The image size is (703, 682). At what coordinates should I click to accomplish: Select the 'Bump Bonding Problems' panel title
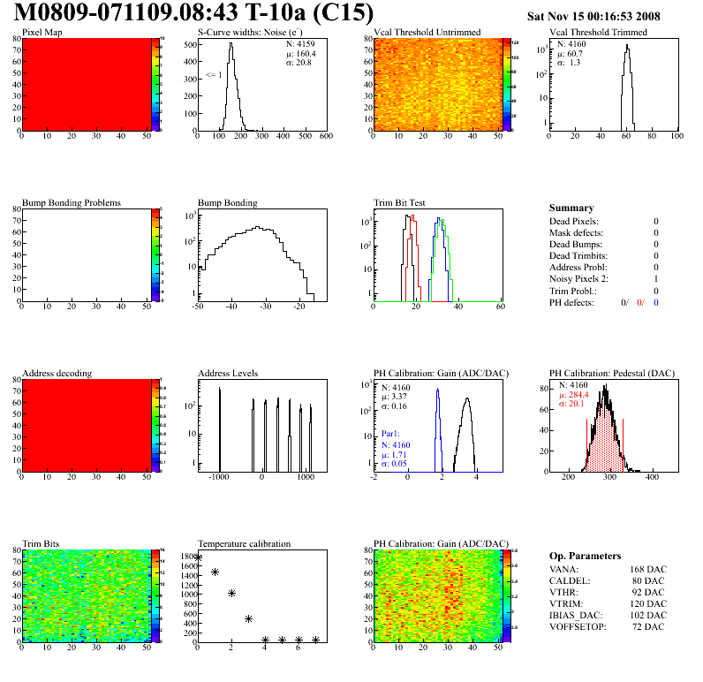[x=72, y=202]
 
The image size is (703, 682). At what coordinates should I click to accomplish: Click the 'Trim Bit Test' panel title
[x=400, y=202]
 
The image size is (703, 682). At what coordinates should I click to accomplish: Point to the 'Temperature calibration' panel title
[x=245, y=543]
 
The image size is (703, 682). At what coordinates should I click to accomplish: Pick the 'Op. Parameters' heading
[x=585, y=556]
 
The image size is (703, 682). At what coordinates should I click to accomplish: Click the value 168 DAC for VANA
[x=647, y=569]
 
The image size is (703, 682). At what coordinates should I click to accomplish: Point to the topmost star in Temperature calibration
[x=198, y=557]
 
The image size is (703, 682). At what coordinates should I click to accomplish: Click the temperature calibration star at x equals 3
[x=248, y=619]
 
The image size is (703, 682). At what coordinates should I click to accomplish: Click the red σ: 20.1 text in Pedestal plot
[x=572, y=404]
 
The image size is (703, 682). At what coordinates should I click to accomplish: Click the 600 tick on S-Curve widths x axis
[x=326, y=137]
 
